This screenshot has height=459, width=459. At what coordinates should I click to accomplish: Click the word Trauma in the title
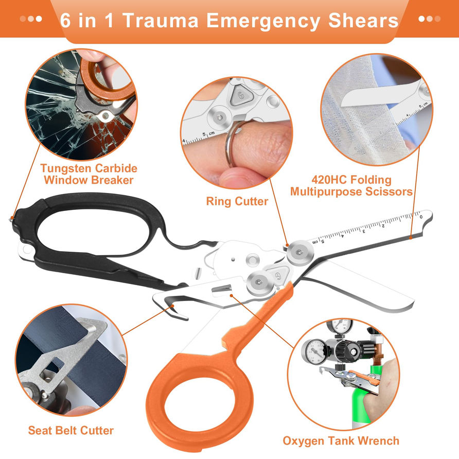(x=160, y=21)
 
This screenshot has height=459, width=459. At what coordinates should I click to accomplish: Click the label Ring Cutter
(x=237, y=201)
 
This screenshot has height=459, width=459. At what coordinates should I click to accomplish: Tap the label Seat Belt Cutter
(x=71, y=430)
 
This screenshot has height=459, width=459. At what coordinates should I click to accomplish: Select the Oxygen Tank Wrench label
(x=341, y=441)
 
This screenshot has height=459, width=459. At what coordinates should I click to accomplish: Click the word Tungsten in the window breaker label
(x=66, y=168)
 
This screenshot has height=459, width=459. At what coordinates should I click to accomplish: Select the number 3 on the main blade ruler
(x=364, y=231)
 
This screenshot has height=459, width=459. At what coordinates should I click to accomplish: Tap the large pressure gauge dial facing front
(x=315, y=351)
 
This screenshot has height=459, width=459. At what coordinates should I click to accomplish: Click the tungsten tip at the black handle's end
(x=11, y=218)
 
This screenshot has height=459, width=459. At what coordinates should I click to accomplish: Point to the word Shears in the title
(x=363, y=21)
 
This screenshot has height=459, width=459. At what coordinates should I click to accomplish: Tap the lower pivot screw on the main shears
(x=259, y=282)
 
